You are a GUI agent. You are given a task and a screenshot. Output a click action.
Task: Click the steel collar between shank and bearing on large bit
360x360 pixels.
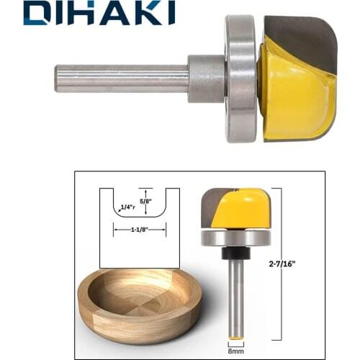[x=207, y=78]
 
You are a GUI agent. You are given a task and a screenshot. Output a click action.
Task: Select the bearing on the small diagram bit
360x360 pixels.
[x=235, y=238]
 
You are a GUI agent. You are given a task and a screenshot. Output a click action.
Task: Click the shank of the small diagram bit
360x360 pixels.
[x=235, y=295]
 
